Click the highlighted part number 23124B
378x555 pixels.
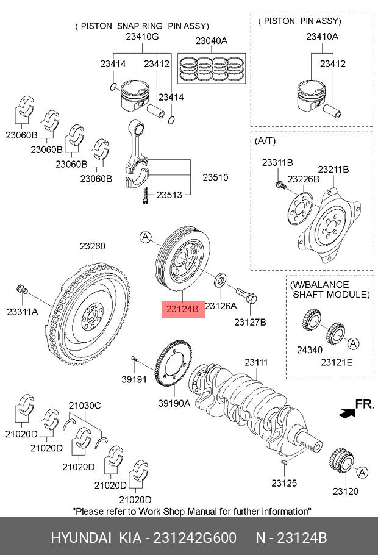click(x=183, y=309)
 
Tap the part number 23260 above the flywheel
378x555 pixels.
click(x=93, y=246)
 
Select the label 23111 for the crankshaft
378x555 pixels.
click(x=256, y=362)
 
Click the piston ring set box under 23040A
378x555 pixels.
click(x=212, y=68)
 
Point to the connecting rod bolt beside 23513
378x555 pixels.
click(x=144, y=195)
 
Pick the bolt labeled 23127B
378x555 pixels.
click(x=246, y=295)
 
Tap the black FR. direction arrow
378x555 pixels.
click(x=347, y=413)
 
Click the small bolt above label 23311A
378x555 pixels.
click(x=22, y=289)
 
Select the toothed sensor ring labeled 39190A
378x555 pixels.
click(x=173, y=365)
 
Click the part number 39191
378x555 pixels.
click(x=134, y=379)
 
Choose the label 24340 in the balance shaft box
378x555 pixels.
click(x=310, y=349)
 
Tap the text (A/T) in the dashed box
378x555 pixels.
click(x=265, y=141)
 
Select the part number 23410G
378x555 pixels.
click(x=142, y=37)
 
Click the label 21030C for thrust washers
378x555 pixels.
click(x=85, y=406)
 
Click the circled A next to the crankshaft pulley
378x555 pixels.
click(x=146, y=237)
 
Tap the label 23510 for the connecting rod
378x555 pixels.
click(x=215, y=177)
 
